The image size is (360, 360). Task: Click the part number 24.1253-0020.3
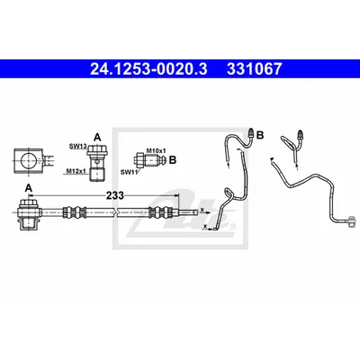(x=148, y=69)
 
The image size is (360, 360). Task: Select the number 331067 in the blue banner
(x=255, y=69)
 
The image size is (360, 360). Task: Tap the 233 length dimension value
(x=115, y=195)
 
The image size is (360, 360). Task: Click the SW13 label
(x=78, y=146)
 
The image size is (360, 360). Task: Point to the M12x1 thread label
(x=76, y=171)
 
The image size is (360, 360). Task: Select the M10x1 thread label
(x=156, y=150)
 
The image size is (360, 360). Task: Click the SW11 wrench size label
(x=129, y=172)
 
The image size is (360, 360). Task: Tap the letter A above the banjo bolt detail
(x=97, y=138)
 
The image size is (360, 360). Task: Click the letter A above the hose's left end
(x=29, y=188)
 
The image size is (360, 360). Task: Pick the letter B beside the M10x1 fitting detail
(x=173, y=160)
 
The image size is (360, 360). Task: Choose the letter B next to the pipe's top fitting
(x=260, y=135)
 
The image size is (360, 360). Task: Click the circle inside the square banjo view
(x=28, y=160)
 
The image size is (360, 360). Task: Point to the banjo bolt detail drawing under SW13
(x=96, y=163)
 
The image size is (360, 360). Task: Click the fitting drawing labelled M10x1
(x=150, y=160)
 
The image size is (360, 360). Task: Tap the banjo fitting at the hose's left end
(x=28, y=214)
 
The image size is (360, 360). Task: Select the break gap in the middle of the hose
(x=117, y=212)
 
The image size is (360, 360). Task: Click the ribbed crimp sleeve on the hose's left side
(x=74, y=212)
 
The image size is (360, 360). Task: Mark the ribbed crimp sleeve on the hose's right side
(x=160, y=212)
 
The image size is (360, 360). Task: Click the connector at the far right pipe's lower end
(x=353, y=222)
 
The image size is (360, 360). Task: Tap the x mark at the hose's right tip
(x=202, y=209)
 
